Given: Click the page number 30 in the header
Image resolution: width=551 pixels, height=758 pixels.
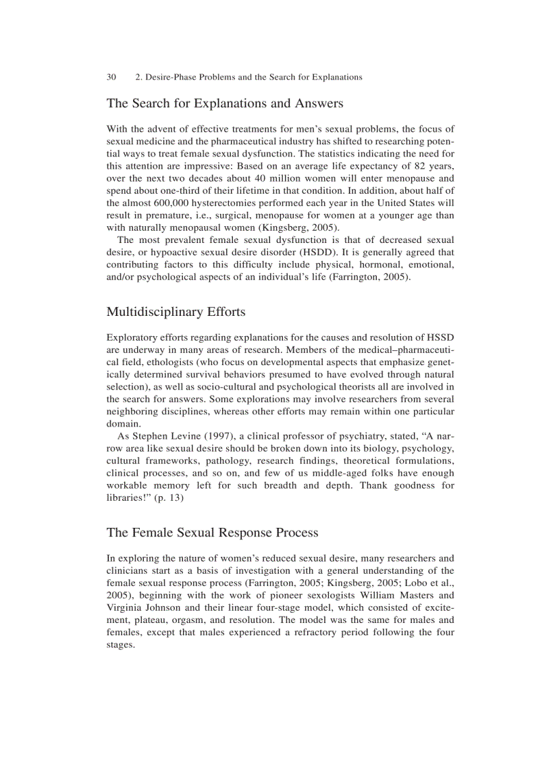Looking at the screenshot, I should pos(111,77).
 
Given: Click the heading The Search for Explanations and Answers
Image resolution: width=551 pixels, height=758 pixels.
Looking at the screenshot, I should pos(225,103).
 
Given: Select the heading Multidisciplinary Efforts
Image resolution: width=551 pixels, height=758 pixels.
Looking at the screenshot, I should pos(176,312).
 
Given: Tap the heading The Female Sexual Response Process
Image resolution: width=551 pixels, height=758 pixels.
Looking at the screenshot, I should pos(212,533).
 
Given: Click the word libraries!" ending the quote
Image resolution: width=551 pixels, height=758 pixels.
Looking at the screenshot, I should pos(128,498).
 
